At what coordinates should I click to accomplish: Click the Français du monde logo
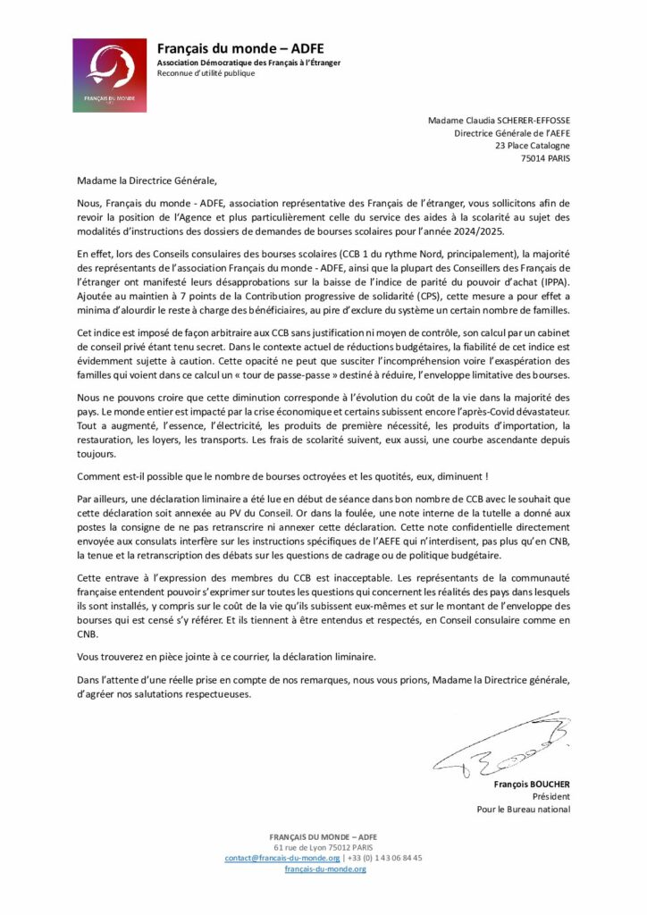[x=110, y=75]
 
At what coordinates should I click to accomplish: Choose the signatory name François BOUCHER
[x=532, y=785]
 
